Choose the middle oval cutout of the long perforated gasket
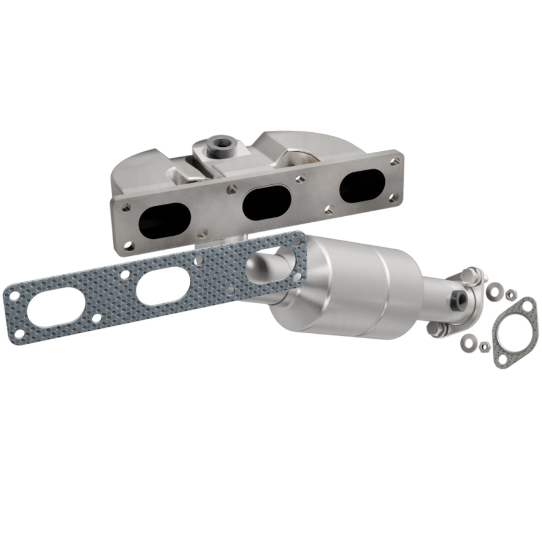pyautogui.click(x=161, y=287)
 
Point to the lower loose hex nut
pyautogui.click(x=483, y=345)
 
